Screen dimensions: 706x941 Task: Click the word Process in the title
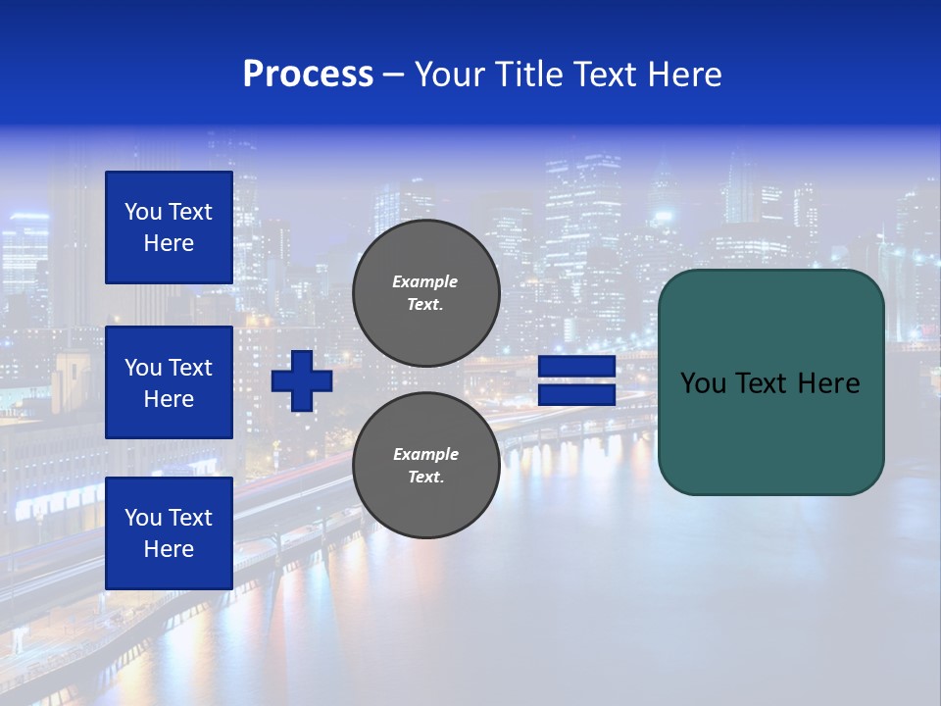308,75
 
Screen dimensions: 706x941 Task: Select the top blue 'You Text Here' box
169,227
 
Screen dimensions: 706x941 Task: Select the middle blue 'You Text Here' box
169,382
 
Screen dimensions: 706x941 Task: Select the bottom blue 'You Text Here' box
169,532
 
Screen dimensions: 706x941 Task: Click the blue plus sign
302,380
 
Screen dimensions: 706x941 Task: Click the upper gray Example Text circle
425,293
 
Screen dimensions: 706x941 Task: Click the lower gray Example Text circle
425,465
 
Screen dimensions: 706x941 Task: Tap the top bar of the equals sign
576,367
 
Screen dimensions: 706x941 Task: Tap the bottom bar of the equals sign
576,395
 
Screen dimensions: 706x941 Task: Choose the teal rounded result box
770,431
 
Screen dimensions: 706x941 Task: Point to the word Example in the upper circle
425,281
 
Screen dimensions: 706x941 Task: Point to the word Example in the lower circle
425,454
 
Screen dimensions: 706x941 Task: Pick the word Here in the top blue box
169,243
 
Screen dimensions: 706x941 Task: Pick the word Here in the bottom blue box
169,549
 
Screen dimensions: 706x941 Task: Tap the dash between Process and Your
394,76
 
